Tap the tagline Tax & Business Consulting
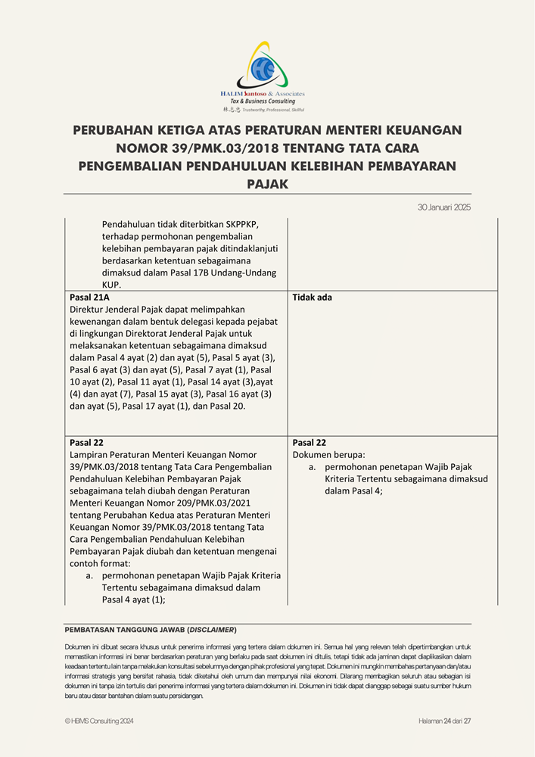[x=263, y=101]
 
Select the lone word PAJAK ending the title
[x=267, y=183]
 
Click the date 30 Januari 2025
[x=444, y=207]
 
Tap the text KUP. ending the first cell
[x=111, y=285]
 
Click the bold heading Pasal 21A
[x=89, y=298]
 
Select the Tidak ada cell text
[x=312, y=298]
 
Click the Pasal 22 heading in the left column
[x=86, y=443]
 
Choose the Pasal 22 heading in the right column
[x=309, y=443]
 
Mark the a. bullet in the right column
[x=313, y=467]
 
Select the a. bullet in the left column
[x=89, y=575]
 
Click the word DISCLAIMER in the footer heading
[x=212, y=630]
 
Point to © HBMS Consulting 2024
[x=99, y=721]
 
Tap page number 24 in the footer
[x=447, y=721]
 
